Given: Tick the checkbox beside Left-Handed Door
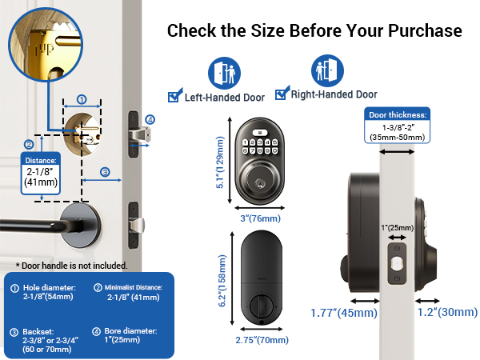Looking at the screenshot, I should (173, 97).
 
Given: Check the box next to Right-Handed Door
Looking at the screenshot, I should (281, 94).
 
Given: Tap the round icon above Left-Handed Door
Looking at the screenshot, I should (223, 72).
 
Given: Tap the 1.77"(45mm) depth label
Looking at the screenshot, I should (343, 314).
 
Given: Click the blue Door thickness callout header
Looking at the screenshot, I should (398, 115).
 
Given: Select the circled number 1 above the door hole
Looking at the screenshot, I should (81, 100).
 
